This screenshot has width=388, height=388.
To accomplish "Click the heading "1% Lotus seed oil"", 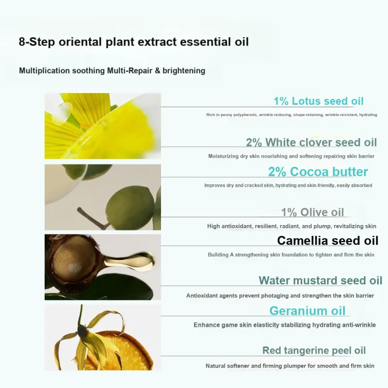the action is coord(319,101).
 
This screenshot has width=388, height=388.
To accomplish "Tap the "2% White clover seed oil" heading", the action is coord(311,142).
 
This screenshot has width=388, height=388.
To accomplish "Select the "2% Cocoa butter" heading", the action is coord(318,172).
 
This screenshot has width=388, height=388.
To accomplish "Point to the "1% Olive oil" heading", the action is coord(312,212).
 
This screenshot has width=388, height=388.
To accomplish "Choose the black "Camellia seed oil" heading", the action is coord(328,241).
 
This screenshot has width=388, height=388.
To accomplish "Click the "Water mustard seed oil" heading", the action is coord(321,280).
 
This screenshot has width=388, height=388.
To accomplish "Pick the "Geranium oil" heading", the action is coord(307,311).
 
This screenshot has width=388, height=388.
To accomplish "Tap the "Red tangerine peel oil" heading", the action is coord(314,350).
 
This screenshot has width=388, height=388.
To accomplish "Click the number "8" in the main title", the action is coord(22,42).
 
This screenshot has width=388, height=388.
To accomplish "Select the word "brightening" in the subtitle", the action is coord(184,70).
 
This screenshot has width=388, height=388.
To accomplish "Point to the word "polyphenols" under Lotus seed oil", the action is coord(245,115).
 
